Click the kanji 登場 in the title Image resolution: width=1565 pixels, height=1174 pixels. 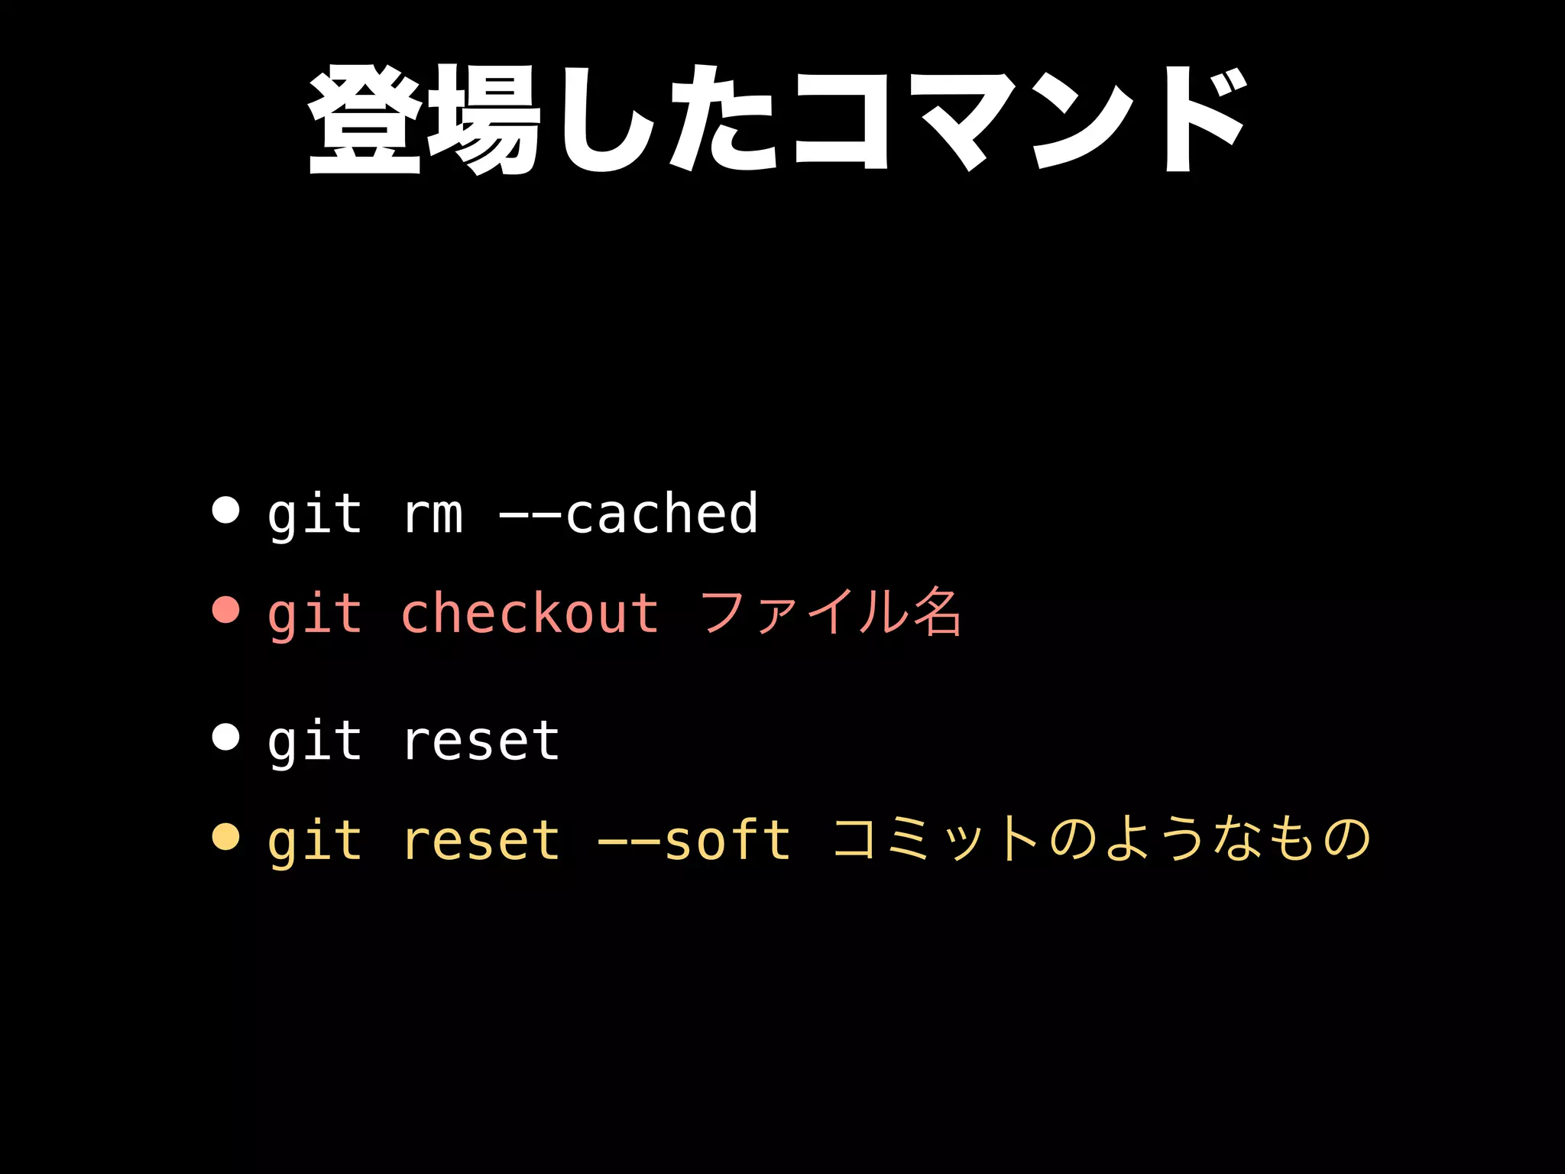[x=425, y=120]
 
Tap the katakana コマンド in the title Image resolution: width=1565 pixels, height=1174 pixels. [x=1019, y=120]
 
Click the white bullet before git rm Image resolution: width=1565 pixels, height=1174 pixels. [x=225, y=510]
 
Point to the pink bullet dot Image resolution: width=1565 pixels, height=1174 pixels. [x=225, y=610]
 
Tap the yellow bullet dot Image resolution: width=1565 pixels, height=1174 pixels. [x=225, y=837]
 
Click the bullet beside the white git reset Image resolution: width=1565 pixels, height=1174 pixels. [x=225, y=737]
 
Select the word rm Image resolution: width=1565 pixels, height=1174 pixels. [x=433, y=514]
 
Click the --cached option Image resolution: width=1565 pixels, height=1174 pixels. [x=628, y=513]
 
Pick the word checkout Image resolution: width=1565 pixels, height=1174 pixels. [x=529, y=613]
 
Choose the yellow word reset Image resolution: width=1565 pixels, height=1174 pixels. [x=481, y=840]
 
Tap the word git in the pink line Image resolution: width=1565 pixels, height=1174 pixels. [x=314, y=613]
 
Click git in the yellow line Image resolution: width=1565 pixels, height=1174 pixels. [x=314, y=840]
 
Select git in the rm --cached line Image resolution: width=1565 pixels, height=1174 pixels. [x=314, y=513]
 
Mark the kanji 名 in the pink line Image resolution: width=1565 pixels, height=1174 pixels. [x=937, y=613]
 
